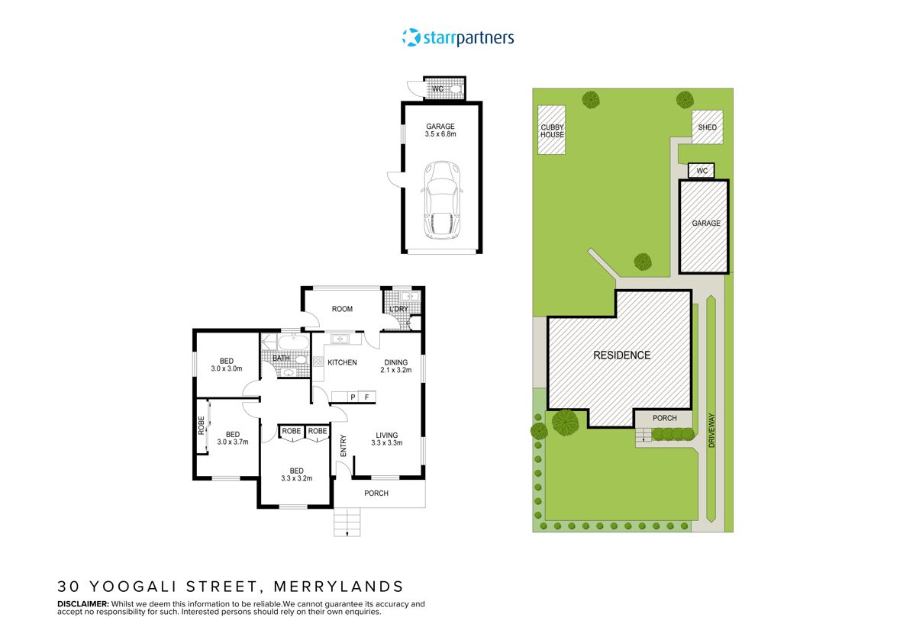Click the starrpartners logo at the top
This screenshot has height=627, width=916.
click(x=458, y=37)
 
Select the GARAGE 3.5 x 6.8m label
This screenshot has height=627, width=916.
click(x=440, y=130)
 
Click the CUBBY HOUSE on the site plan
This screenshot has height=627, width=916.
click(x=552, y=130)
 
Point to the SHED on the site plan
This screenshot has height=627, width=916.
click(x=708, y=127)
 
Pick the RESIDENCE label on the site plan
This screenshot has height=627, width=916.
click(x=622, y=355)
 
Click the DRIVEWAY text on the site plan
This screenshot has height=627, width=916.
click(x=712, y=431)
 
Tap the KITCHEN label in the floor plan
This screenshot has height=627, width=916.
click(x=342, y=362)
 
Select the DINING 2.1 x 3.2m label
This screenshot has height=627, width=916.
click(x=396, y=366)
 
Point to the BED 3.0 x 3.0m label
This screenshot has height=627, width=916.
click(x=227, y=365)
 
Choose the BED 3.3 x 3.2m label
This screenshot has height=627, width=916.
click(x=296, y=474)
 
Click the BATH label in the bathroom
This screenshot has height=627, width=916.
click(x=281, y=358)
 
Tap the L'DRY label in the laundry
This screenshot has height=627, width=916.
click(x=398, y=309)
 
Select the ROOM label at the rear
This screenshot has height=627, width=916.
click(x=342, y=309)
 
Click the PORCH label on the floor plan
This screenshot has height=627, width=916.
click(x=376, y=494)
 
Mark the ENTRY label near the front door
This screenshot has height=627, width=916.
click(x=343, y=446)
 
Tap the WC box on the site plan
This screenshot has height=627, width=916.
click(x=701, y=171)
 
